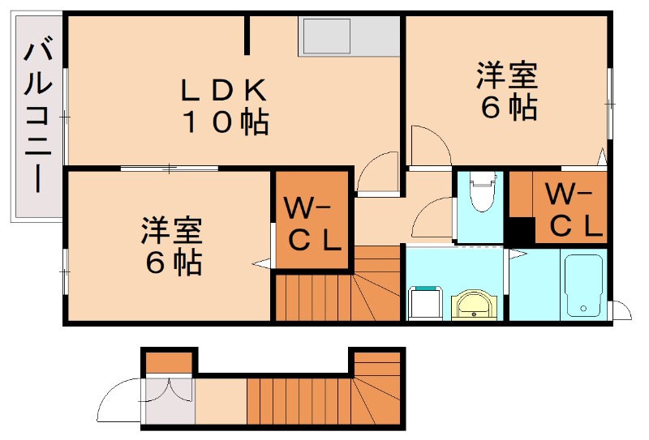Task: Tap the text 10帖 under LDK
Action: coord(225,123)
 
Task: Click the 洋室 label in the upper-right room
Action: coord(505,76)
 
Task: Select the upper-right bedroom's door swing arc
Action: coord(428,144)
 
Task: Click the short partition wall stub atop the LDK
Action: coord(248,35)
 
